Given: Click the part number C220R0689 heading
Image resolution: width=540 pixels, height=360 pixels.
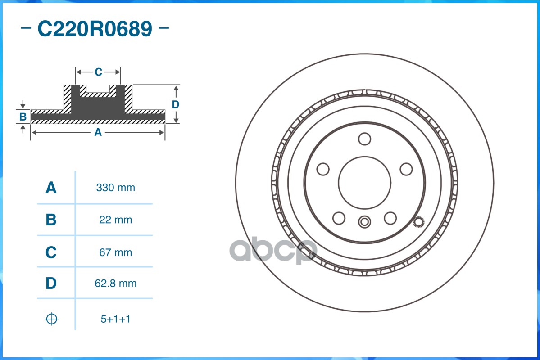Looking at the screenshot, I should (95, 29).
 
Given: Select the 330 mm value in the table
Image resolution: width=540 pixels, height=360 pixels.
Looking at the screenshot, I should (115, 188).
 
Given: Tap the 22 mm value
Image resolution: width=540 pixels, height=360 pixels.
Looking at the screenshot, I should (115, 220).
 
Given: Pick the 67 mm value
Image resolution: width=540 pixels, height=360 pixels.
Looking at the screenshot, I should (115, 252).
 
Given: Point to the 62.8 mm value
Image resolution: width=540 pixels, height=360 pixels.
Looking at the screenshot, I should (115, 283).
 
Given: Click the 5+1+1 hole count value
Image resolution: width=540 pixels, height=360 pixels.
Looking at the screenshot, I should (115, 319).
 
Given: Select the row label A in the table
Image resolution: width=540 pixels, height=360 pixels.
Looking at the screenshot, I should (51, 188).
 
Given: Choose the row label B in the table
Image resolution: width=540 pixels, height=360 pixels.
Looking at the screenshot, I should (51, 220).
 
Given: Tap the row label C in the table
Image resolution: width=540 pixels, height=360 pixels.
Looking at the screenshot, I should (51, 252).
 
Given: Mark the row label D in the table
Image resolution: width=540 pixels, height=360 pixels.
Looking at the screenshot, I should (51, 283).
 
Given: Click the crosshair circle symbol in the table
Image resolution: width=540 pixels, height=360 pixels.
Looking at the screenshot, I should (52, 319).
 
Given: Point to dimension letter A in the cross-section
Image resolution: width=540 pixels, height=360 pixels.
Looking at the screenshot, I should (97, 132).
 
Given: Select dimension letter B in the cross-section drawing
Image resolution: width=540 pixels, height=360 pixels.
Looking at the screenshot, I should (23, 117).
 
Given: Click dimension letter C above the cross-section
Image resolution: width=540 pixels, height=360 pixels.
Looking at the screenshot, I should (98, 72).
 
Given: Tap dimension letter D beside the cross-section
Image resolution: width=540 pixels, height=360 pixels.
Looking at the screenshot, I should (176, 104).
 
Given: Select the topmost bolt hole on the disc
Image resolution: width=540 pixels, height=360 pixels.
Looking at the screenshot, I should (364, 139).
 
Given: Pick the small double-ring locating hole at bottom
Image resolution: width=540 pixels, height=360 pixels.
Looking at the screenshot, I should (364, 222).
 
